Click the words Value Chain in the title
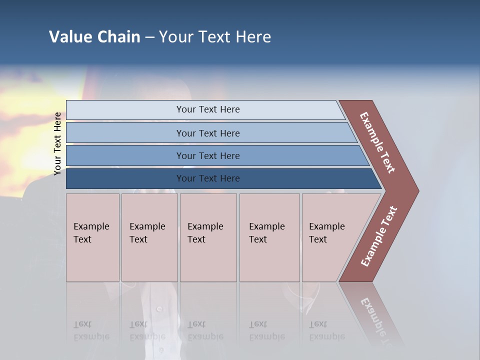(x=94, y=37)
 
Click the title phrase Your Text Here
(x=215, y=37)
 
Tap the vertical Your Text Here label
(x=57, y=143)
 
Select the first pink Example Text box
(x=92, y=237)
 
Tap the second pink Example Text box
(x=149, y=237)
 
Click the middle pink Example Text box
(x=208, y=237)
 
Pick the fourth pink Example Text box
(x=269, y=237)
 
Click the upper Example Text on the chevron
(x=377, y=142)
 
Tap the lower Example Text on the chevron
(x=378, y=236)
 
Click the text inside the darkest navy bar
(x=208, y=178)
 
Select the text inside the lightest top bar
(x=208, y=109)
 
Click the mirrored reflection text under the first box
(x=91, y=330)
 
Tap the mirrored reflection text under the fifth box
(x=326, y=330)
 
